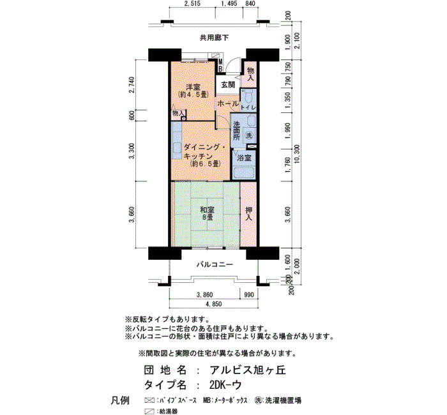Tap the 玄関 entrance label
228,85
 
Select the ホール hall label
228,103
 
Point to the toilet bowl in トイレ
248,97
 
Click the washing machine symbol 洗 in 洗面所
249,135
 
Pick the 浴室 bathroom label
244,158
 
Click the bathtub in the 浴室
244,173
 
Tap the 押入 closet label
249,214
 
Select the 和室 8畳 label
207,213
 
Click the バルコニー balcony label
215,265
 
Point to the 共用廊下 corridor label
214,38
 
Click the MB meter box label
220,65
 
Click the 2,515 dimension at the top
192,3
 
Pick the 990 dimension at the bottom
249,295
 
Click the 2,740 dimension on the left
132,85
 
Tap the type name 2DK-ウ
225,385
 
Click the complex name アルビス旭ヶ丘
248,370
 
